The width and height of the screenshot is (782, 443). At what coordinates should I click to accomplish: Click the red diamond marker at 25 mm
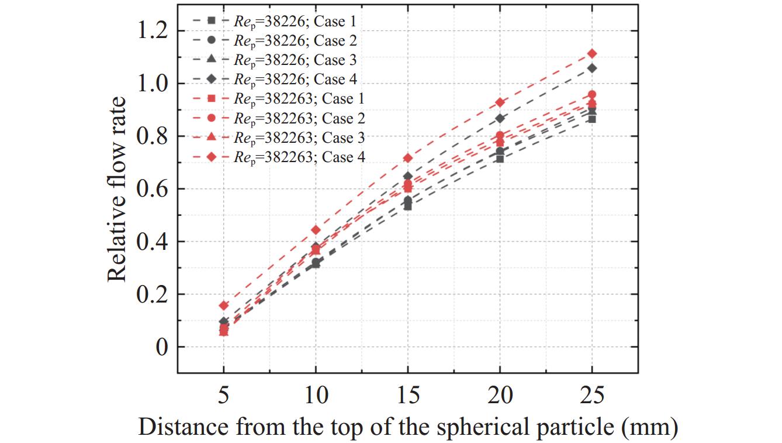point(592,54)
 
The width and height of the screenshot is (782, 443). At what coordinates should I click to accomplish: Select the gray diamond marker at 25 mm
point(592,68)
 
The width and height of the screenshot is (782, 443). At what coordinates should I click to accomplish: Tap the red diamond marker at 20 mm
point(500,102)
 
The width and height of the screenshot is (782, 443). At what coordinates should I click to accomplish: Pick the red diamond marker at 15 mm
point(408,158)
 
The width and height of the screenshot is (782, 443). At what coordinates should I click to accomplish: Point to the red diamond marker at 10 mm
point(316,230)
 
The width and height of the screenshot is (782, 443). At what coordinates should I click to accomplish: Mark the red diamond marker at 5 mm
point(224,305)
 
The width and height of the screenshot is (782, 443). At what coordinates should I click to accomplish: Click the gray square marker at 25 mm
point(592,119)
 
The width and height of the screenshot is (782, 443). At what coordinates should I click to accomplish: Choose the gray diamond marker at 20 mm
point(500,118)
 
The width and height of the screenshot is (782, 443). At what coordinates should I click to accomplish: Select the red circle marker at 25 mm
point(592,94)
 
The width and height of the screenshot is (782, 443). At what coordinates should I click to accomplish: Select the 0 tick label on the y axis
point(161,347)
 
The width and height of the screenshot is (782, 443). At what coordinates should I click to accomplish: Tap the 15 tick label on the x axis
point(408,396)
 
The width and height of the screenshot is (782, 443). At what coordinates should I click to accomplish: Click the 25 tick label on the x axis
point(592,396)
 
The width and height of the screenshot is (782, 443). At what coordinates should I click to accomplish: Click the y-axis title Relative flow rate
point(117,188)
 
